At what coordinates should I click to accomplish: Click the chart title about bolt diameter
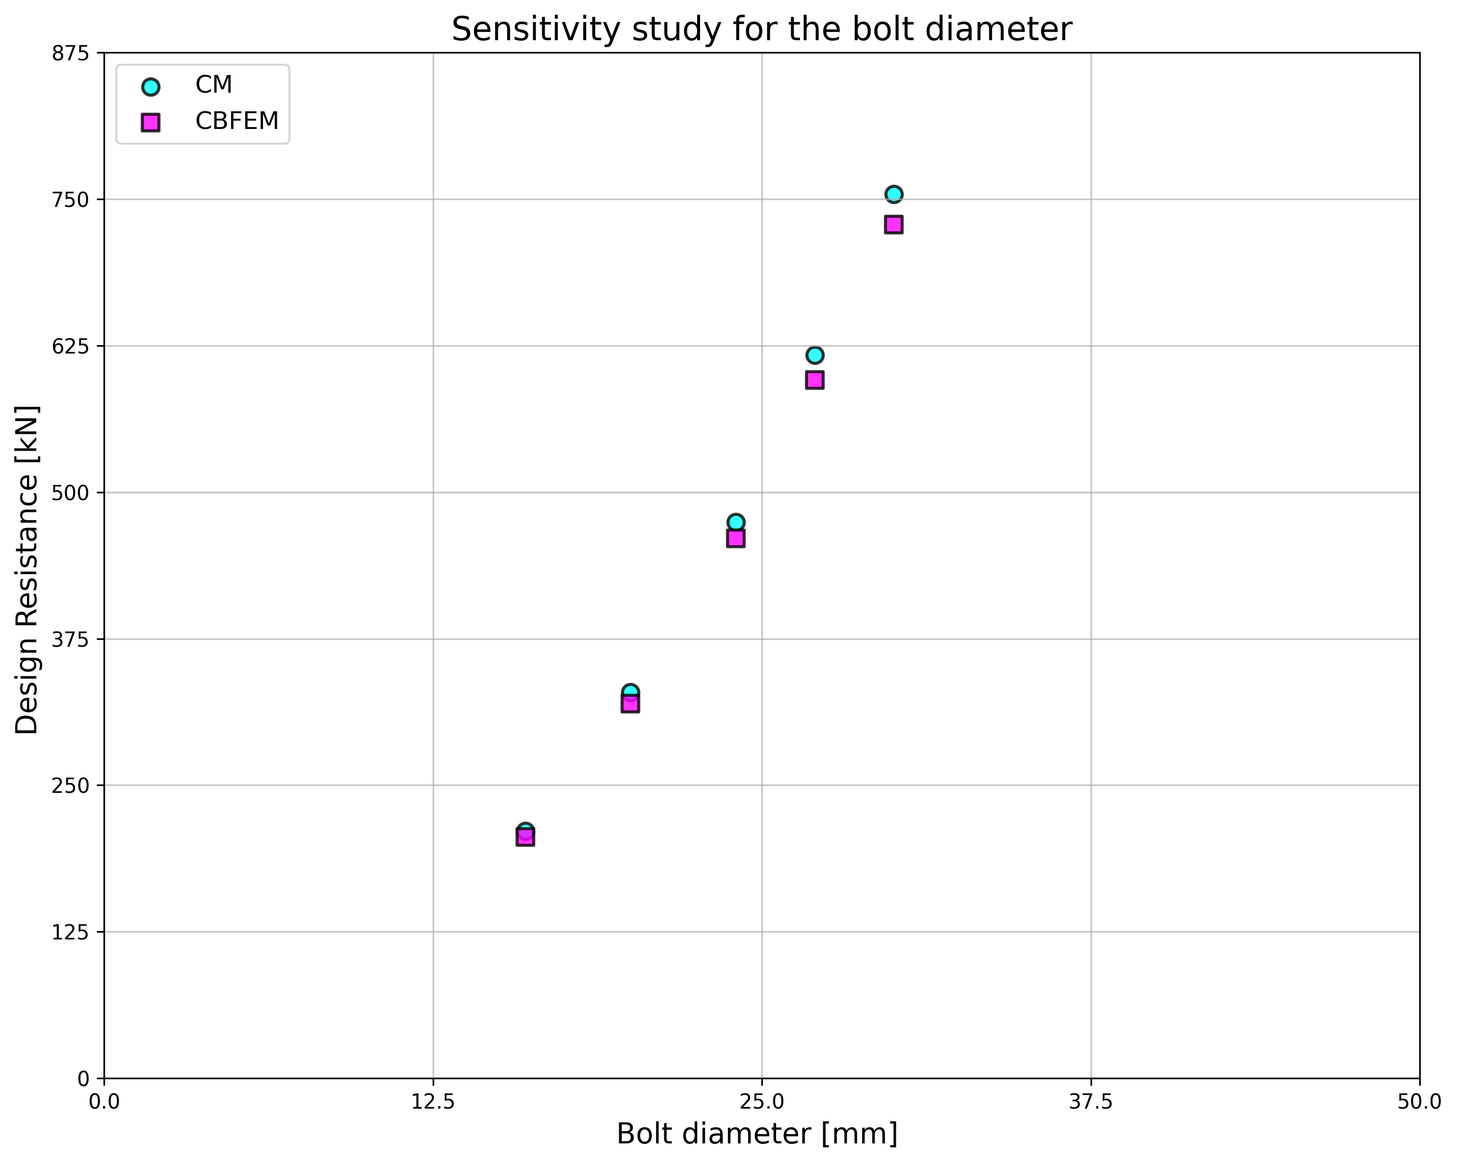click(x=761, y=30)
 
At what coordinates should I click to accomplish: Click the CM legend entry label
click(x=213, y=85)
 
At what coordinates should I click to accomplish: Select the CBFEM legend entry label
click(x=236, y=121)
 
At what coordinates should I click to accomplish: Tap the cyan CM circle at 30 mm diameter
click(x=893, y=195)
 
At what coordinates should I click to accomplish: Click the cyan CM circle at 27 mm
click(x=814, y=355)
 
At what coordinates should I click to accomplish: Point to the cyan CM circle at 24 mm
click(x=736, y=522)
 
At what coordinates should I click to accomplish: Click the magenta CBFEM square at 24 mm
click(x=736, y=538)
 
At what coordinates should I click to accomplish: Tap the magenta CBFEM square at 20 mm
click(x=630, y=705)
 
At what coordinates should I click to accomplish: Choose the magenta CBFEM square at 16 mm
click(x=525, y=838)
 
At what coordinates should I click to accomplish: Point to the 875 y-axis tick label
click(x=70, y=53)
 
